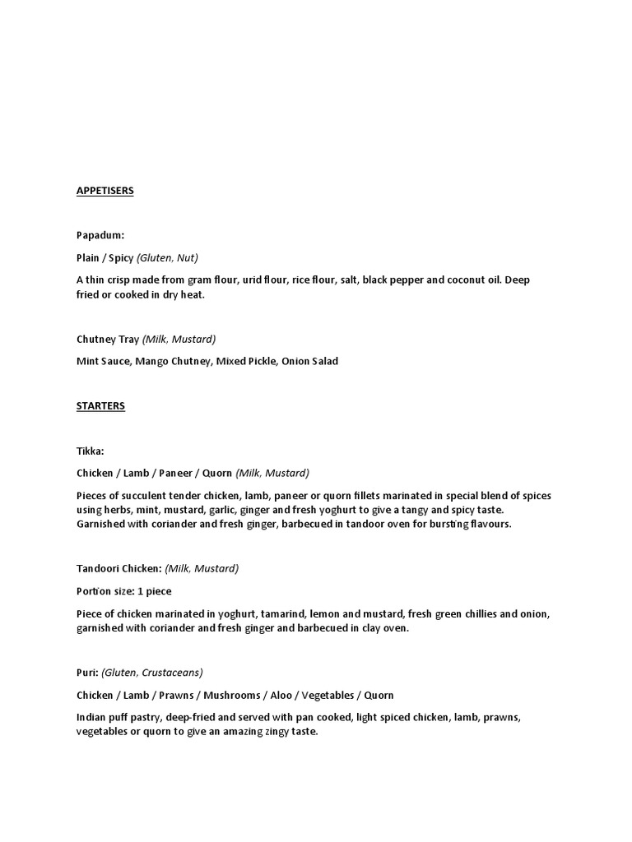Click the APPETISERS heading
(x=105, y=191)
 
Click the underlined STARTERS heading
(x=100, y=405)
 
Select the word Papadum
(x=100, y=236)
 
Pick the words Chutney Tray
(x=107, y=339)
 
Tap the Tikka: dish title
(x=91, y=451)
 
